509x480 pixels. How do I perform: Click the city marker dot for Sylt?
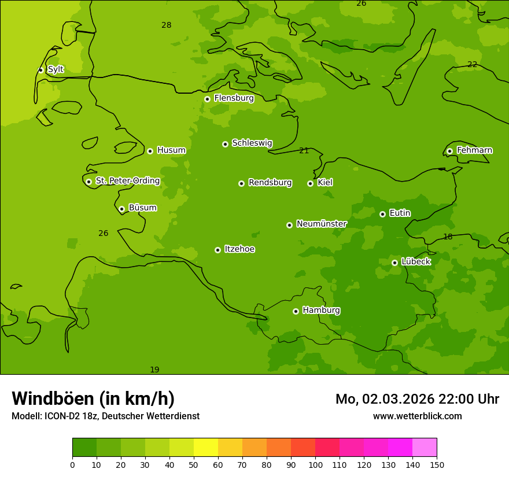tap(40, 70)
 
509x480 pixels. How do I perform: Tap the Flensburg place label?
tap(234, 98)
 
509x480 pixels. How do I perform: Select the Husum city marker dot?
tap(150, 151)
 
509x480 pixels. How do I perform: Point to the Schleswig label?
tap(252, 143)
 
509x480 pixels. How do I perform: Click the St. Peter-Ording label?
tap(127, 181)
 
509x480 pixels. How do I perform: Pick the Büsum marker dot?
tap(121, 209)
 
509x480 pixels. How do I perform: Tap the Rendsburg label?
tap(270, 183)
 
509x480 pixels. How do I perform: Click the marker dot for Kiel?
tap(310, 183)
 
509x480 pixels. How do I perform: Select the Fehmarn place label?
tap(474, 150)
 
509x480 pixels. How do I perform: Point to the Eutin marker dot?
tap(382, 214)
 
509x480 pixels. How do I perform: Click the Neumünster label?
tap(321, 224)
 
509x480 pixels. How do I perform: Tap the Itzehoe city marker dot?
tap(217, 250)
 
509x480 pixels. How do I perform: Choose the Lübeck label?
tap(415, 261)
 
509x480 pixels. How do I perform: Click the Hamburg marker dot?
tap(296, 311)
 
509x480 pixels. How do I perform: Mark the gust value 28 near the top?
tap(167, 25)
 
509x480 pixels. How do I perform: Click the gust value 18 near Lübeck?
tap(448, 237)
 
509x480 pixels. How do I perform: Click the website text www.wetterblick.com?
tap(417, 416)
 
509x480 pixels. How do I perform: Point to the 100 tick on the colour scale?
tap(315, 464)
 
